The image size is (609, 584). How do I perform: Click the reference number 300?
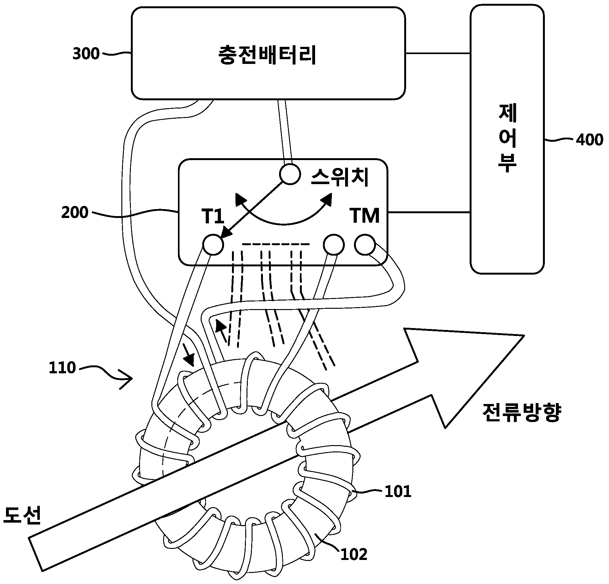click(86, 54)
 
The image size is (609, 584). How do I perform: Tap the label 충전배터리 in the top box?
click(268, 55)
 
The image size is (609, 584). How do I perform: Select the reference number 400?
click(589, 140)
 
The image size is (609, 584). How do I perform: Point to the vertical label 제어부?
click(508, 139)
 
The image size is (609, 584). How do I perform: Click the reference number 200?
click(75, 213)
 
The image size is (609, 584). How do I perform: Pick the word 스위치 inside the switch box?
click(340, 177)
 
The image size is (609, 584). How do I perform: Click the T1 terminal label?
click(213, 216)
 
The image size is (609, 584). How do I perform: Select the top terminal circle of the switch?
click(290, 174)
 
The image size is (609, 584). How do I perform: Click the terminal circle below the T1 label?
click(213, 245)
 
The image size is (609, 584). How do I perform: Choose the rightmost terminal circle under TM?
click(365, 244)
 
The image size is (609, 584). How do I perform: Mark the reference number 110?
click(62, 368)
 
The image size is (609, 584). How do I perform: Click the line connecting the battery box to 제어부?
click(438, 53)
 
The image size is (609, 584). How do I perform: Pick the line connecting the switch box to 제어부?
click(429, 212)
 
